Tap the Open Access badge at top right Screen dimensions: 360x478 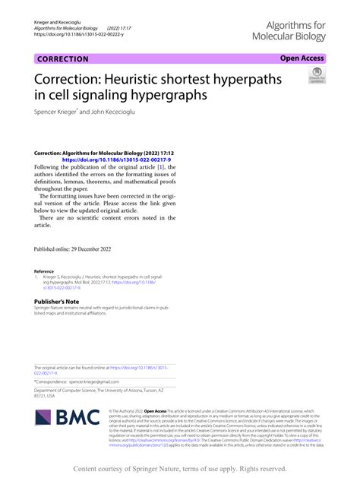click(x=302, y=59)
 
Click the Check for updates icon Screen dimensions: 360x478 click(x=315, y=76)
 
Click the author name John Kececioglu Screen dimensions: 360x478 click(x=99, y=112)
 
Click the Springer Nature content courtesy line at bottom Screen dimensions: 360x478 click(x=180, y=469)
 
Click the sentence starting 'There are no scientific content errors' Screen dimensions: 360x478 click(x=106, y=218)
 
